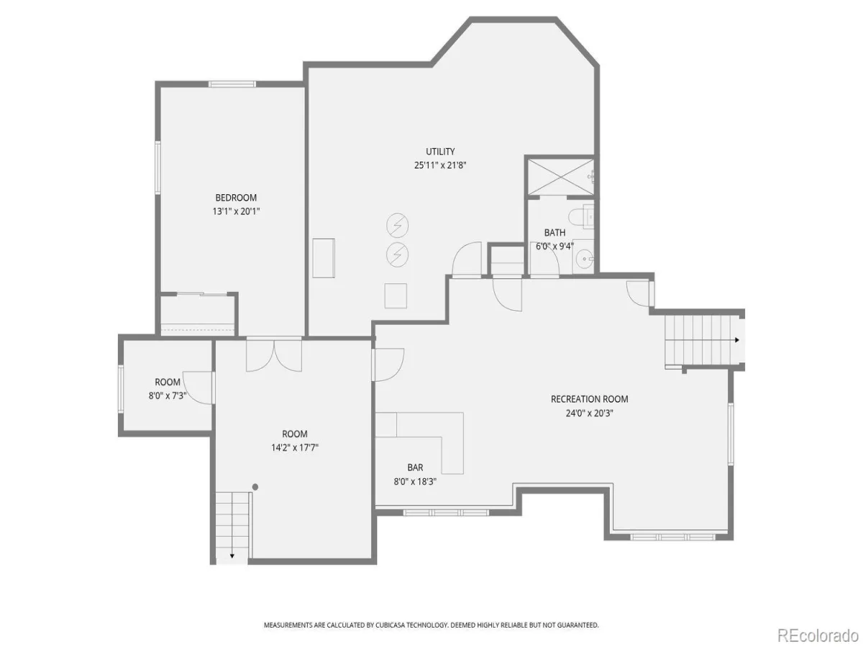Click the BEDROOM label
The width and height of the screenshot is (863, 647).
(x=236, y=198)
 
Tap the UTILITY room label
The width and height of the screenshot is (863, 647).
(x=440, y=151)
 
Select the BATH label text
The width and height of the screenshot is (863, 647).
(x=554, y=232)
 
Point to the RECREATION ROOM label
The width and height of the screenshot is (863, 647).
(x=589, y=399)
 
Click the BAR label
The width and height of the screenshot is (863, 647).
(x=415, y=467)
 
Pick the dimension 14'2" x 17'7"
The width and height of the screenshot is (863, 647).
(x=294, y=447)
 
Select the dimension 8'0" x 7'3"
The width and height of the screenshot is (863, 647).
(x=167, y=395)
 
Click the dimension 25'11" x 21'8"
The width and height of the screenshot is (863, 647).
(x=440, y=165)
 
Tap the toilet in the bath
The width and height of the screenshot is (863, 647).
(x=580, y=216)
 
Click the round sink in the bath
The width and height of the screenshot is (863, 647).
(x=585, y=259)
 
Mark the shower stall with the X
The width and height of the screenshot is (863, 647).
(x=560, y=177)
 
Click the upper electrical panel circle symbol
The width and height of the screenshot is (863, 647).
(x=397, y=226)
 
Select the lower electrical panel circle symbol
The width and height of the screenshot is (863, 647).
(x=397, y=255)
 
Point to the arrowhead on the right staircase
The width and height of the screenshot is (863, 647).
(x=737, y=340)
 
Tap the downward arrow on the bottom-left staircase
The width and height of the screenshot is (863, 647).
(x=232, y=556)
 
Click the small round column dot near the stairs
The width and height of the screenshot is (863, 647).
(x=255, y=487)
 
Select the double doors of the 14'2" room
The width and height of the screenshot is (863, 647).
(x=274, y=354)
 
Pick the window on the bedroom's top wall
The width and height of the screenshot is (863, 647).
(x=232, y=84)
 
